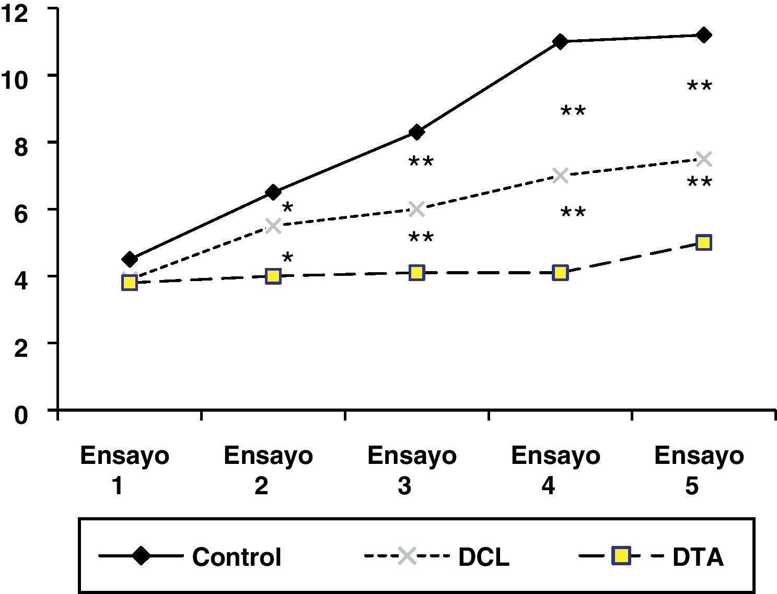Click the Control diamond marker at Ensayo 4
[560, 42]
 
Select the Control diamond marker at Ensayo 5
[704, 36]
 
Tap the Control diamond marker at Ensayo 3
[416, 132]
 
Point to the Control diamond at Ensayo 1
[130, 259]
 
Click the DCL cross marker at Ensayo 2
[273, 226]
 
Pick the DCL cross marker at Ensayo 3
[416, 209]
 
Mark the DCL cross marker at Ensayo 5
[704, 158]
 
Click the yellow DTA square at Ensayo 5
[704, 242]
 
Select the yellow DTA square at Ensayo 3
[416, 273]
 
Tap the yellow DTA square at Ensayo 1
[130, 283]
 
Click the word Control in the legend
[237, 557]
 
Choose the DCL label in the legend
[483, 557]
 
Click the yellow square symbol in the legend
[620, 556]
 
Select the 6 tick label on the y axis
[20, 215]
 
